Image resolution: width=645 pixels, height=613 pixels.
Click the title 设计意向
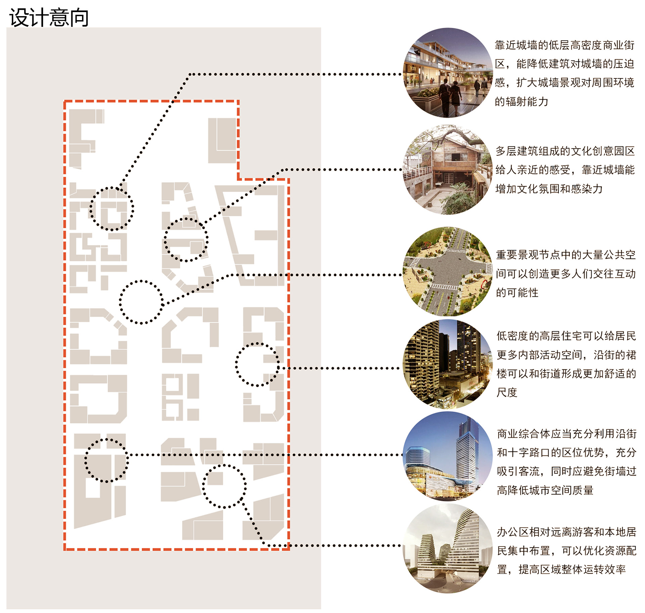(49, 17)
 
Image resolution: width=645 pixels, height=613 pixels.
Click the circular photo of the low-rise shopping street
(447, 73)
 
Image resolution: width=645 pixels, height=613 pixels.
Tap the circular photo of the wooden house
(447, 170)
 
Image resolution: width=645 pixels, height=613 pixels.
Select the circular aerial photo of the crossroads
(447, 271)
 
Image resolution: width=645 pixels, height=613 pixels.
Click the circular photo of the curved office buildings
(447, 548)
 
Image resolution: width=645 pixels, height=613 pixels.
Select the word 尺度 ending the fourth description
(507, 392)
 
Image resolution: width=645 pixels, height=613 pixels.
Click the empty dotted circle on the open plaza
(141, 302)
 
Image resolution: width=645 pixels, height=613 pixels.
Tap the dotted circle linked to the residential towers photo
(257, 365)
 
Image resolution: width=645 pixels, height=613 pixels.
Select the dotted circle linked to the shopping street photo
(112, 208)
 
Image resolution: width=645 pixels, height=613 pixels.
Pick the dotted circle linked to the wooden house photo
(186, 239)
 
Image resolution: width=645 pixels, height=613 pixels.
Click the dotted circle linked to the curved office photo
(224, 486)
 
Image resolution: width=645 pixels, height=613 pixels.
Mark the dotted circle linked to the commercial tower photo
(106, 460)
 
